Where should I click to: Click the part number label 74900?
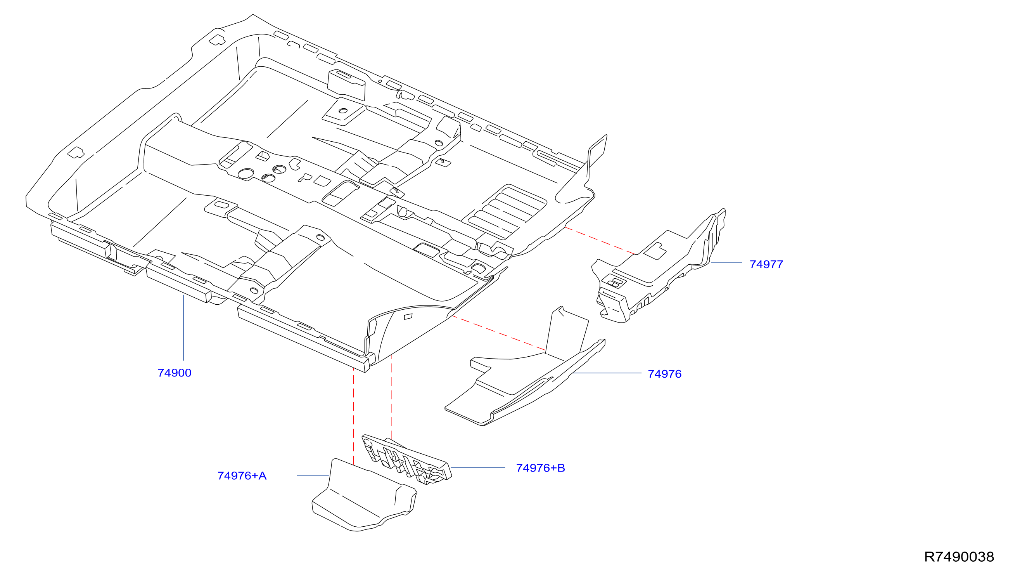point(175,373)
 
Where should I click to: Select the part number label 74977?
point(766,264)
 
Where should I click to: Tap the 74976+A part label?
point(242,475)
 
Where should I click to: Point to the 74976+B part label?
point(540,468)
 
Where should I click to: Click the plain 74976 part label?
point(665,374)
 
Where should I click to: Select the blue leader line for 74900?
point(183,328)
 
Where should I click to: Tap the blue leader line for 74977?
point(726,263)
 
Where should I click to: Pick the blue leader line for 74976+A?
point(313,475)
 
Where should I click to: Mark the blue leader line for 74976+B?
point(478,467)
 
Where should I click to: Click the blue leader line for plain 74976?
point(607,373)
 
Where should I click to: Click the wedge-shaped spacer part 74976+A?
point(365,496)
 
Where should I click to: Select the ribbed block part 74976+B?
point(406,459)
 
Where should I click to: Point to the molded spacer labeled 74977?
point(658,267)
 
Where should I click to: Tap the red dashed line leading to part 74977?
point(600,241)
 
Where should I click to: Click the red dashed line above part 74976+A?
point(353,416)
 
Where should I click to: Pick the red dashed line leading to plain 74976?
point(499,333)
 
